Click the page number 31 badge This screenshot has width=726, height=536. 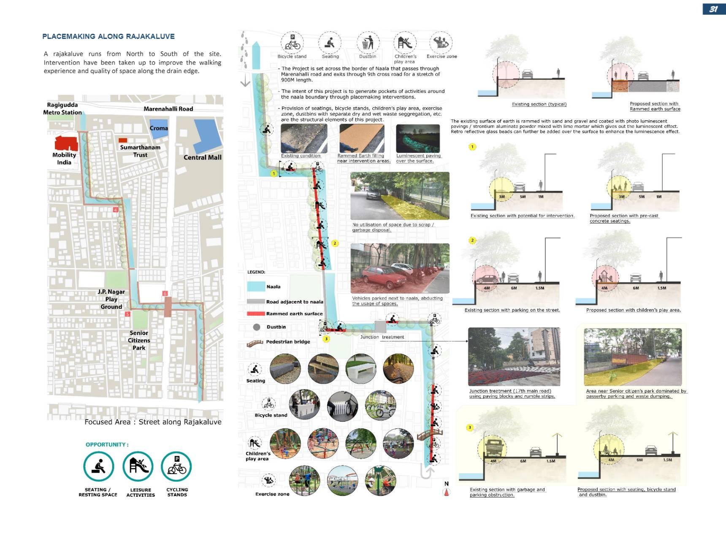pyautogui.click(x=714, y=9)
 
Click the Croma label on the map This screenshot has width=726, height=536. pyautogui.click(x=159, y=128)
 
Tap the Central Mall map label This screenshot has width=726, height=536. pyautogui.click(x=202, y=157)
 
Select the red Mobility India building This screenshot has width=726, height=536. pyautogui.click(x=66, y=143)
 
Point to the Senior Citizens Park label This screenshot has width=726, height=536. pyautogui.click(x=139, y=340)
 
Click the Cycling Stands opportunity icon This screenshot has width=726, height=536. pyautogui.click(x=177, y=467)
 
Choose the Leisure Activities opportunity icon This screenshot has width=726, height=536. pyautogui.click(x=138, y=466)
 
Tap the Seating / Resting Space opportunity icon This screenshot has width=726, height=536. pyautogui.click(x=98, y=467)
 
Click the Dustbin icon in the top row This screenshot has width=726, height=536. pyautogui.click(x=368, y=43)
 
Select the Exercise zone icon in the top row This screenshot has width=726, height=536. pyautogui.click(x=441, y=43)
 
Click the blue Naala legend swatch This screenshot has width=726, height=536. pyautogui.click(x=256, y=287)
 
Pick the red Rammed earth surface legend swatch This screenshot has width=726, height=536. pyautogui.click(x=256, y=314)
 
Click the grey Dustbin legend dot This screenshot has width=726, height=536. pyautogui.click(x=256, y=327)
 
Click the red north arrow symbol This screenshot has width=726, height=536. pyautogui.click(x=447, y=492)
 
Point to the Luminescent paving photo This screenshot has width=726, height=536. pyautogui.click(x=418, y=138)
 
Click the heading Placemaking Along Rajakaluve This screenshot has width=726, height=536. pyautogui.click(x=108, y=36)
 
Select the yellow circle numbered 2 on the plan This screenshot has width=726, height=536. pyautogui.click(x=335, y=243)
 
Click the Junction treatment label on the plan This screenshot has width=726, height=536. pyautogui.click(x=382, y=337)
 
